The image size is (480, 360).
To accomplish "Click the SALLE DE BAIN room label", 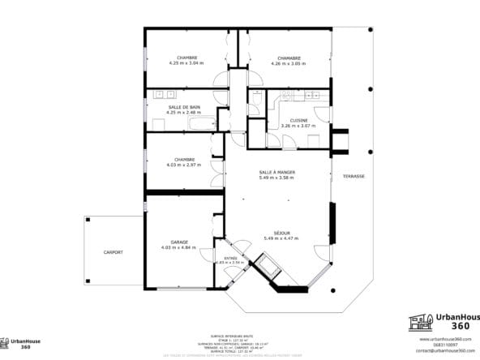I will point(184,107).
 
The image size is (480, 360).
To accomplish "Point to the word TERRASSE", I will point(354,176).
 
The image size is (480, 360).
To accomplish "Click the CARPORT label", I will point(114,252).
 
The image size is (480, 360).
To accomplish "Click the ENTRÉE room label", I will point(229,258).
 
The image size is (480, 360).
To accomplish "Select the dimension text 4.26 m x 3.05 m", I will point(289,63).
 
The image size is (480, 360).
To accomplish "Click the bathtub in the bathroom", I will point(199,123).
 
